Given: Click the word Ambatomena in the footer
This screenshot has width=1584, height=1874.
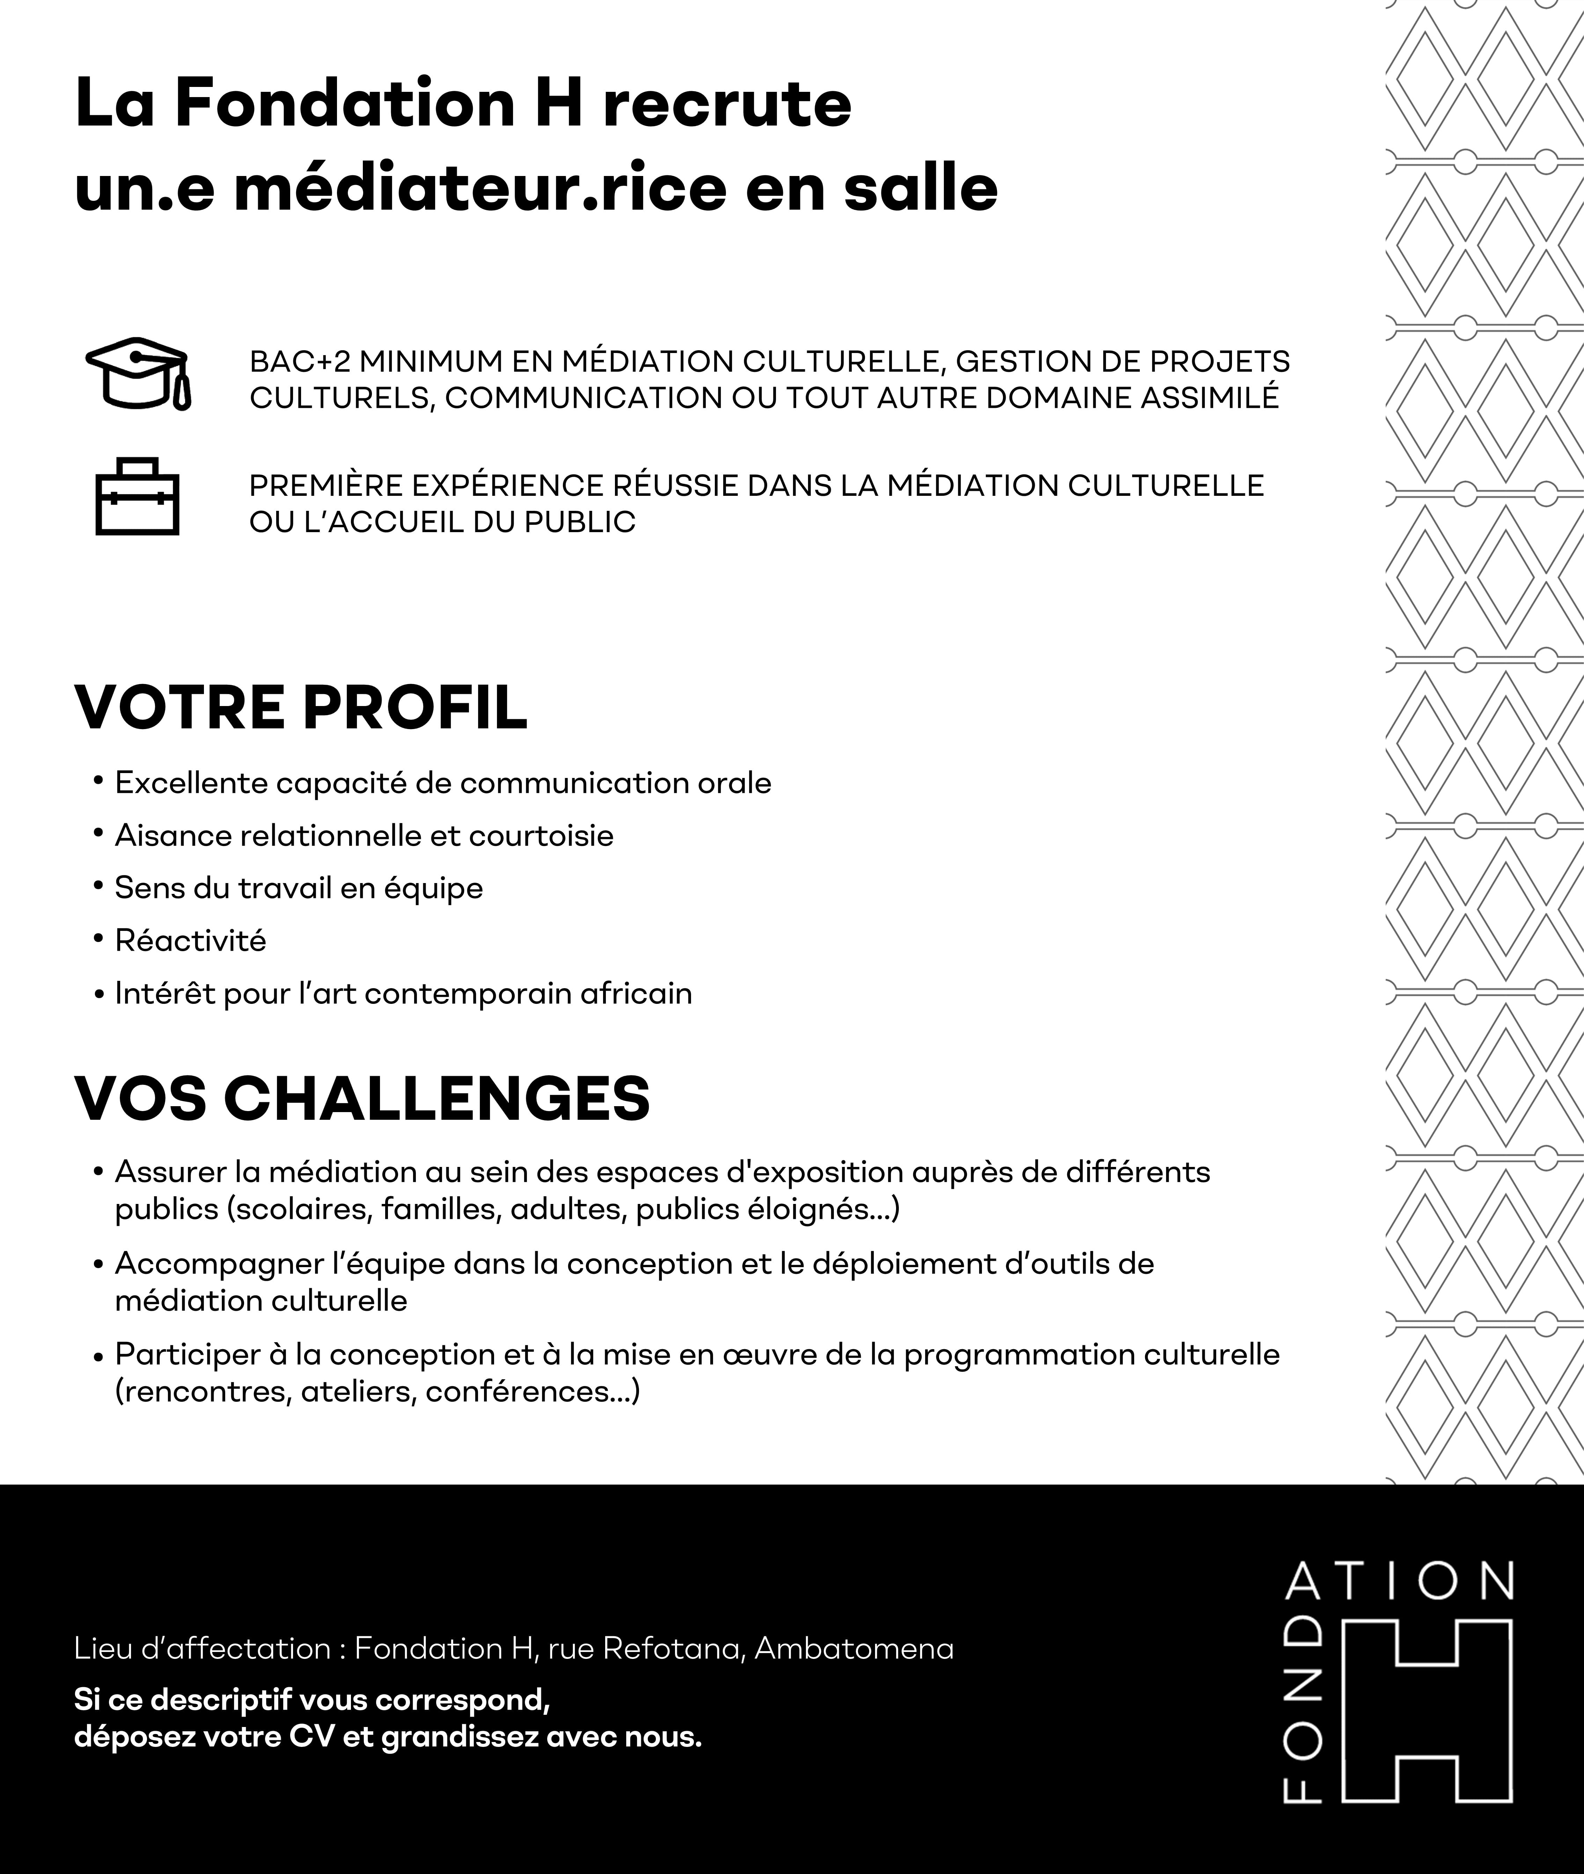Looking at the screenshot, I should click(854, 1649).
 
